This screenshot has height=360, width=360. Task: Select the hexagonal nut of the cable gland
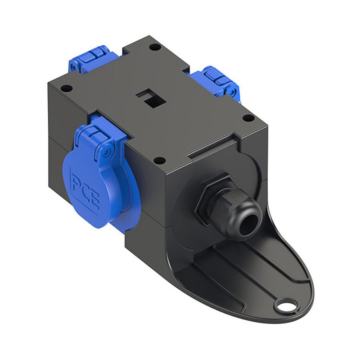pyautogui.click(x=212, y=199)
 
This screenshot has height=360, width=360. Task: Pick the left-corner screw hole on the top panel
pyautogui.click(x=66, y=88)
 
